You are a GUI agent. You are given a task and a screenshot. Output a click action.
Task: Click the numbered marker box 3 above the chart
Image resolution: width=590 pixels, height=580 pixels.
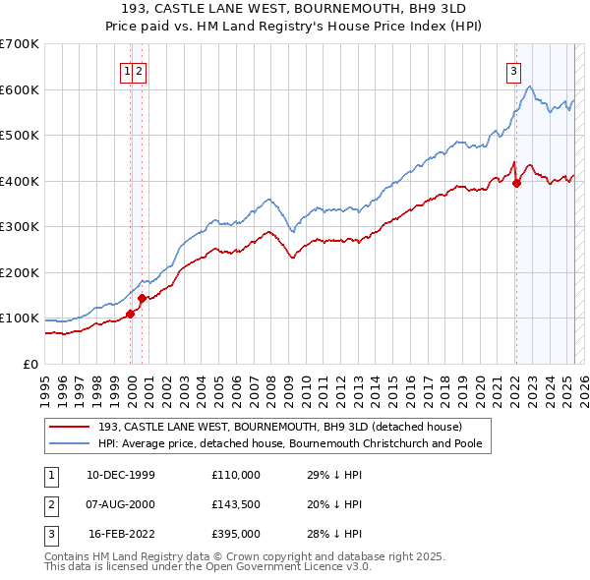[513, 71]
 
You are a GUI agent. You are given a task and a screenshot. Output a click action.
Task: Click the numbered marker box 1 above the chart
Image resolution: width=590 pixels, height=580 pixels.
[128, 71]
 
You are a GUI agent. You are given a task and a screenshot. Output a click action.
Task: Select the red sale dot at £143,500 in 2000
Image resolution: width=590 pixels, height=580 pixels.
[142, 298]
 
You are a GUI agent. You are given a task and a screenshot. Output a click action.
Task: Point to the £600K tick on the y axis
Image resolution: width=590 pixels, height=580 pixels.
[20, 89]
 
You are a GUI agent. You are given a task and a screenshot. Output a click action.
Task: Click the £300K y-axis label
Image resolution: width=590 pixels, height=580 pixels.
[20, 227]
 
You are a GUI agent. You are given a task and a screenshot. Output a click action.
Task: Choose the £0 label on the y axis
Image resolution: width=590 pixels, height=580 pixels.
[30, 364]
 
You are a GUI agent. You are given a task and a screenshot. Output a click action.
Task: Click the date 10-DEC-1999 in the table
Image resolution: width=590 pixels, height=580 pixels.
[120, 475]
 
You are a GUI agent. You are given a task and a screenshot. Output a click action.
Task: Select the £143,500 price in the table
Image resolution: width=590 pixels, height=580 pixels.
[235, 504]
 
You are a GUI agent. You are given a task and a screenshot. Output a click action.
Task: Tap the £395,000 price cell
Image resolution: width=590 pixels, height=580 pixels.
[235, 534]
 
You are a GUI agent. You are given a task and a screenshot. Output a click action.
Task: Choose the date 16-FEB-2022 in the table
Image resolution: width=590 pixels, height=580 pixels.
[120, 534]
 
